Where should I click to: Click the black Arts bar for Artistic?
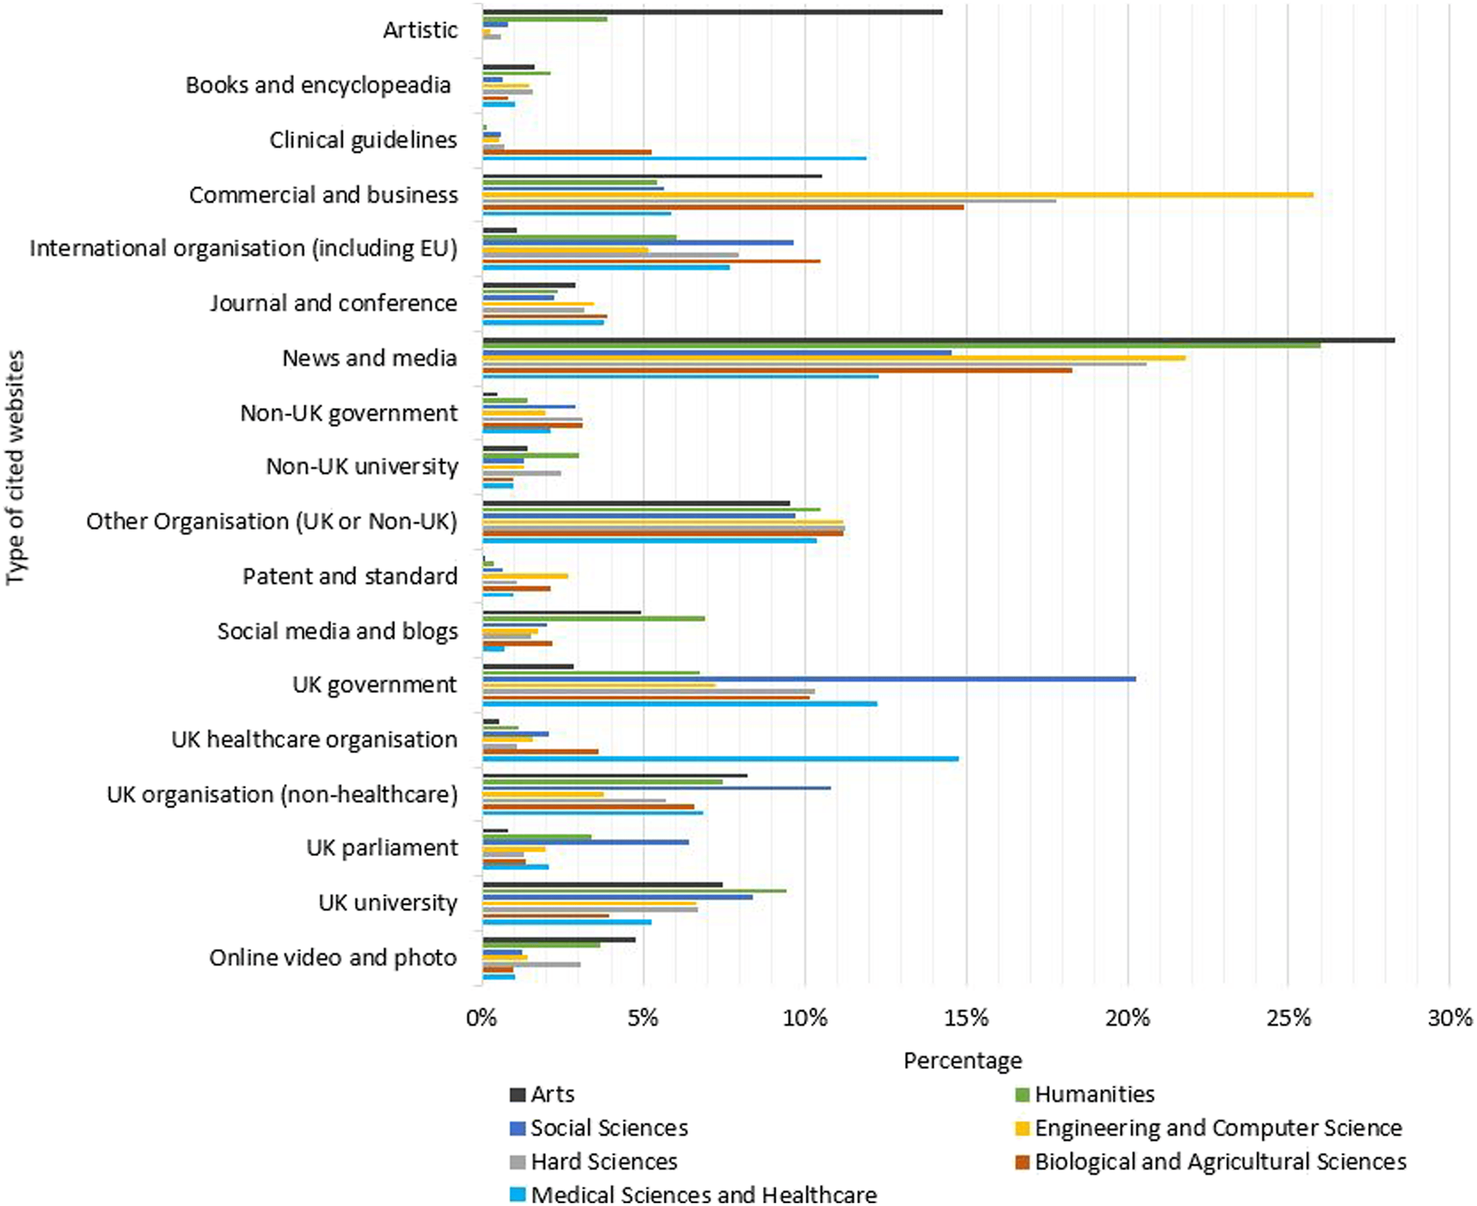[x=713, y=12]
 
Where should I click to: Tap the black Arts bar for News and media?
[x=938, y=340]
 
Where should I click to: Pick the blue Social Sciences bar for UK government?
[x=809, y=679]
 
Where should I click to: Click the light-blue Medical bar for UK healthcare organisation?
[x=721, y=758]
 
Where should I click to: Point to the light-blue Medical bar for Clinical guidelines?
[x=674, y=158]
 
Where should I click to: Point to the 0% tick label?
[x=482, y=1018]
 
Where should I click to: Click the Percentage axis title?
[x=963, y=1061]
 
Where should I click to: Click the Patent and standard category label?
[x=349, y=576]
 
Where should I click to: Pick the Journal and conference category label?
[x=334, y=303]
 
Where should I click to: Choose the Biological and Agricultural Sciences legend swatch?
[x=1022, y=1162]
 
